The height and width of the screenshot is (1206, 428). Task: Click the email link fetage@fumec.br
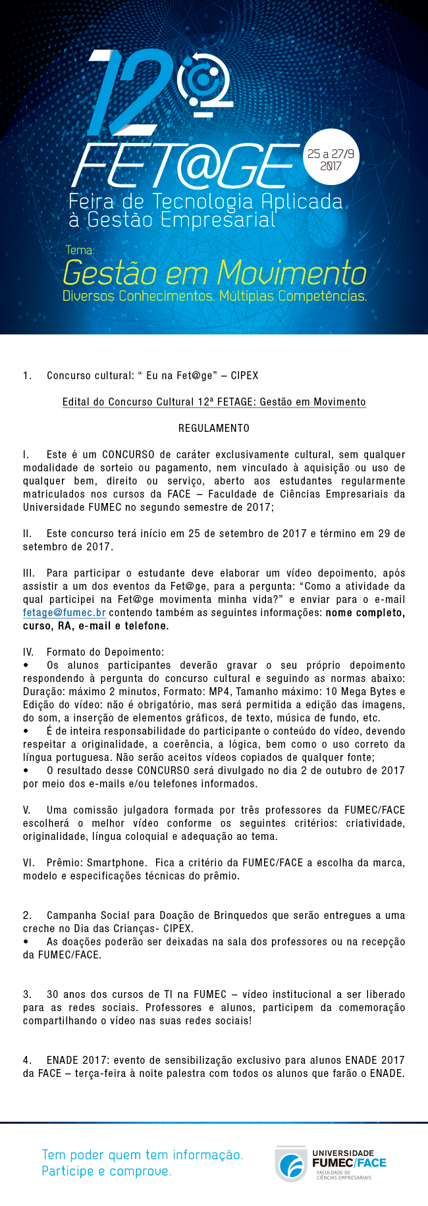tap(65, 613)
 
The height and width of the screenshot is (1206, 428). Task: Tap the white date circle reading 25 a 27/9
tap(331, 159)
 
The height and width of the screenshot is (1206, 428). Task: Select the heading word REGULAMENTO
tap(214, 429)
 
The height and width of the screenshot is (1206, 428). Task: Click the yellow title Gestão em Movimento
tap(215, 272)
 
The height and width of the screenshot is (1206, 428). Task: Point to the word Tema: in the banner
tap(80, 250)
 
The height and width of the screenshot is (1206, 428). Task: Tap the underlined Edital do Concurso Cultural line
tap(214, 402)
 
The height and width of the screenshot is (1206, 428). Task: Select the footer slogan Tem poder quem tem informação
tap(142, 1155)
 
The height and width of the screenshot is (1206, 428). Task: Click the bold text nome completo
tap(365, 613)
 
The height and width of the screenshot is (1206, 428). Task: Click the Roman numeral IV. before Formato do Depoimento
tap(28, 652)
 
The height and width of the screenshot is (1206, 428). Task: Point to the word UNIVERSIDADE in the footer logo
tap(343, 1153)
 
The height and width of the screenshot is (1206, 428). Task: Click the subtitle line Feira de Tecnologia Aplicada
tap(205, 201)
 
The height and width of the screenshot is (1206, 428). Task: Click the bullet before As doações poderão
tap(26, 942)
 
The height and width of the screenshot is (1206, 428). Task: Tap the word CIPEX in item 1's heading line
tap(244, 376)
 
